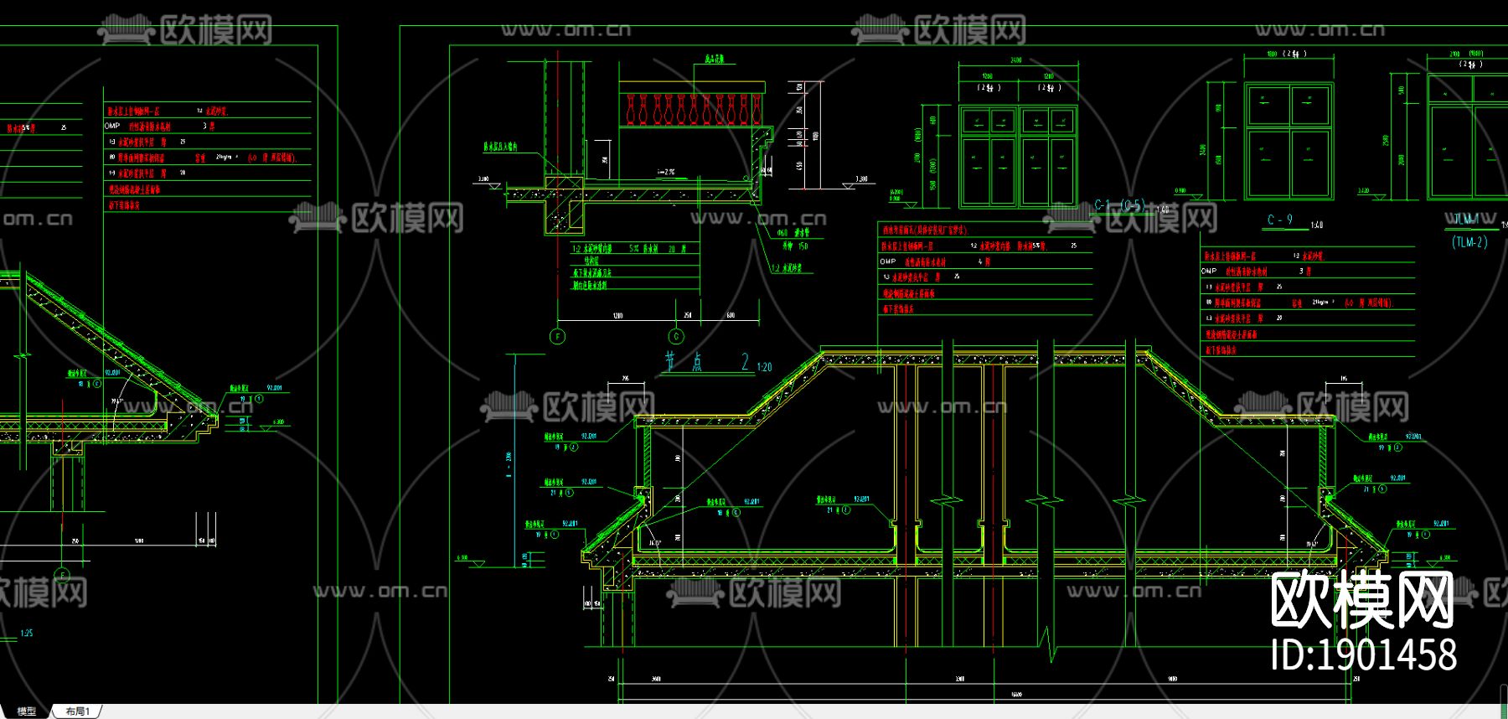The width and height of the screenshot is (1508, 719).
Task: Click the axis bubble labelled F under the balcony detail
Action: [557, 337]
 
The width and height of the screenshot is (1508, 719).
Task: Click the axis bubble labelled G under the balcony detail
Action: [676, 337]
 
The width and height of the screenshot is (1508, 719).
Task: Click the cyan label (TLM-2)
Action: [1469, 242]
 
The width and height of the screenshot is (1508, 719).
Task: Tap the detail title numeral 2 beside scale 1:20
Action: [745, 362]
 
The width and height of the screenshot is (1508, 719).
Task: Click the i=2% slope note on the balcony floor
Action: [666, 172]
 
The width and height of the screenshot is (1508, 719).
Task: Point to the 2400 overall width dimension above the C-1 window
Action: [1016, 60]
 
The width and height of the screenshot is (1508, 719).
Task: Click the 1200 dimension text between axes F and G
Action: [617, 316]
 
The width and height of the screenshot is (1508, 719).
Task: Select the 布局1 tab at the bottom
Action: [77, 711]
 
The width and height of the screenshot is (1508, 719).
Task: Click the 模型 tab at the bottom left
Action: [27, 711]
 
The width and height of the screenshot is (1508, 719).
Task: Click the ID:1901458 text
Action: [1363, 654]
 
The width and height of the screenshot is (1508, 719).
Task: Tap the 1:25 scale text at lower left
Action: [27, 634]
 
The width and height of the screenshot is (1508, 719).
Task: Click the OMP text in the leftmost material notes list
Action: [112, 126]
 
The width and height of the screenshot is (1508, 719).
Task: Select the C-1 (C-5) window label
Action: [1119, 205]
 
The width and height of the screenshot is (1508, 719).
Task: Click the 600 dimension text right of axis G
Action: [730, 316]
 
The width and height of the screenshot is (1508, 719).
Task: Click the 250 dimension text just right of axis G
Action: [688, 316]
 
